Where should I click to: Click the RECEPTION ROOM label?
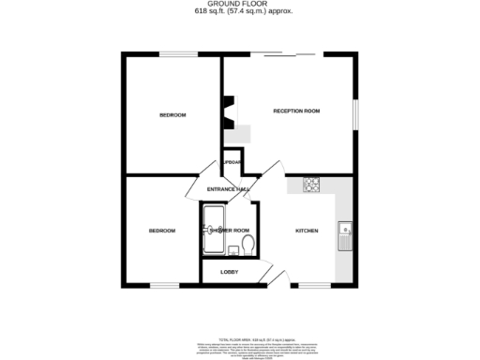click(296, 112)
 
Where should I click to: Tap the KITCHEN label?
click(307, 231)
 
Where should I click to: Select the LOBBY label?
click(229, 272)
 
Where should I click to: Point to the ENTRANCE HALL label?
click(228, 190)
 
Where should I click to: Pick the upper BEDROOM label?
click(172, 115)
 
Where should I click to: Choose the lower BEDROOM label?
click(162, 231)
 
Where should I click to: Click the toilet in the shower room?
click(247, 245)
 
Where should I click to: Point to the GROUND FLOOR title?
click(240, 5)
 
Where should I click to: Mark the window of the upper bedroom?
click(172, 54)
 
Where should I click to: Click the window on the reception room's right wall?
click(356, 112)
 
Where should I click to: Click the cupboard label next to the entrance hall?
click(232, 162)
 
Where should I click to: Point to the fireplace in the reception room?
click(226, 112)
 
